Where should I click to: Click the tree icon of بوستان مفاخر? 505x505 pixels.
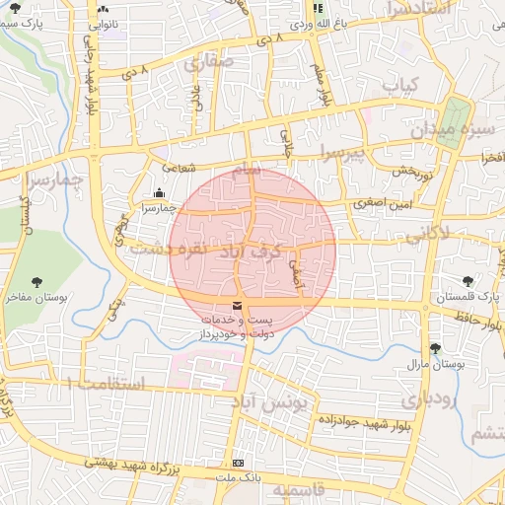tap(37, 282)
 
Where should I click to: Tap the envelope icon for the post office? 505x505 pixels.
tap(236, 308)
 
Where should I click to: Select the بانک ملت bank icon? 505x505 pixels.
tap(238, 463)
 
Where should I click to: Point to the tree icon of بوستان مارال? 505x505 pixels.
tap(435, 348)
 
